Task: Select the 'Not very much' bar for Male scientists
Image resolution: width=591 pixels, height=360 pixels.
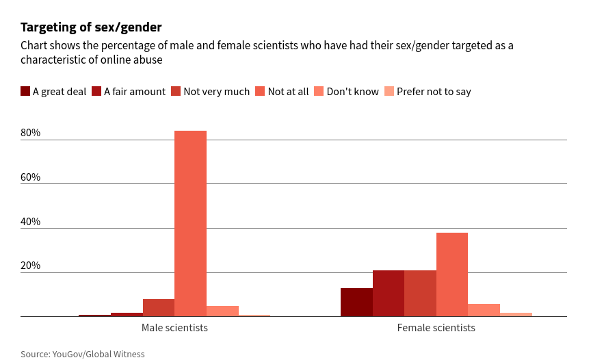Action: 159,308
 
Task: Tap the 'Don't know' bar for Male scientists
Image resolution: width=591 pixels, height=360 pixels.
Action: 222,311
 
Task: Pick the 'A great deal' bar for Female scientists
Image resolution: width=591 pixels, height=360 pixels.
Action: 356,303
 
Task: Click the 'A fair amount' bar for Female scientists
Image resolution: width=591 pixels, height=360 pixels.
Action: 389,294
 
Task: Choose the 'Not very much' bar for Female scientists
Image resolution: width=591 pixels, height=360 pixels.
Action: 420,294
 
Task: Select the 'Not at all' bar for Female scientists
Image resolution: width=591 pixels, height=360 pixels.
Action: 452,274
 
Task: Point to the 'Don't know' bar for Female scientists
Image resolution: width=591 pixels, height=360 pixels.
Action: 484,310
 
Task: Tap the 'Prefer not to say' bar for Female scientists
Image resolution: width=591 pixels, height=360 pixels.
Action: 516,314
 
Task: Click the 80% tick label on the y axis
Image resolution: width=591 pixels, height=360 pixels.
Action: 31,133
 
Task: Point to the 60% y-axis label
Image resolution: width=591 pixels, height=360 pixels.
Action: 31,177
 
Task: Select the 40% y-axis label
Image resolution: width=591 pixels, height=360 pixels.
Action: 31,222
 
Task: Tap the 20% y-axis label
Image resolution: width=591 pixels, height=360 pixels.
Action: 31,266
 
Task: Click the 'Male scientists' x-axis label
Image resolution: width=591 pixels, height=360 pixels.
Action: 174,328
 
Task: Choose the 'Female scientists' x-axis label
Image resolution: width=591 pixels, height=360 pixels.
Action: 436,328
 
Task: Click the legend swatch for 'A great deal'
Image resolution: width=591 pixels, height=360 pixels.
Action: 25,91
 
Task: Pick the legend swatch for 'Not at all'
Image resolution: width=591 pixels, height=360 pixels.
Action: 260,91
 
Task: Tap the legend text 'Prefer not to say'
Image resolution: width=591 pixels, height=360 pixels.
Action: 434,92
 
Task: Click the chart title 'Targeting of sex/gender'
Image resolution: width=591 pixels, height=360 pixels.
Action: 91,27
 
